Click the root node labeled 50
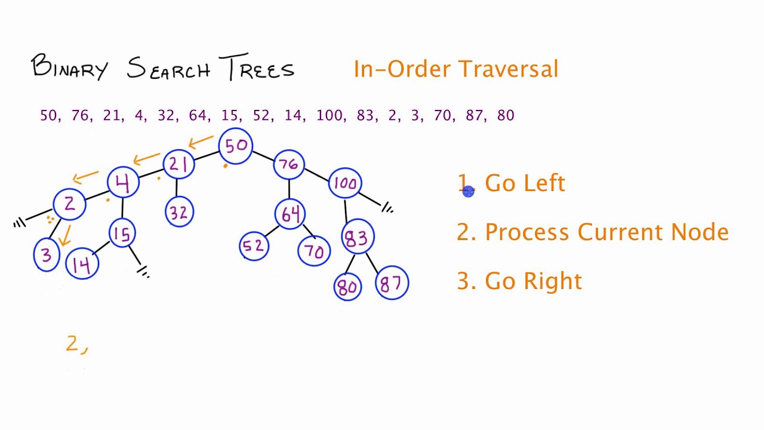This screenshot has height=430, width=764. (236, 146)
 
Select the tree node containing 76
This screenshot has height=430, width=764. (289, 164)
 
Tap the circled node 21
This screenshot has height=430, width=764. (179, 164)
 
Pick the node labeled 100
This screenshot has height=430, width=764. (345, 183)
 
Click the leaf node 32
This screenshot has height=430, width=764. (178, 212)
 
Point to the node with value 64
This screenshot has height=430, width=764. (290, 214)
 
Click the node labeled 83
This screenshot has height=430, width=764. (357, 237)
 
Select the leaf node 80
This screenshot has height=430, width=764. (348, 286)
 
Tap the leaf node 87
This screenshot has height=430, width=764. (392, 283)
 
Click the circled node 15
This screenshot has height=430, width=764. (122, 234)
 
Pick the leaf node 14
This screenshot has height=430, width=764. (82, 265)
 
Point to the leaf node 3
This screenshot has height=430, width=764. (47, 255)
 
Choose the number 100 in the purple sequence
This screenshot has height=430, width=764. (329, 115)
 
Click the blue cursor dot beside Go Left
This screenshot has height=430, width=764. (468, 191)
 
